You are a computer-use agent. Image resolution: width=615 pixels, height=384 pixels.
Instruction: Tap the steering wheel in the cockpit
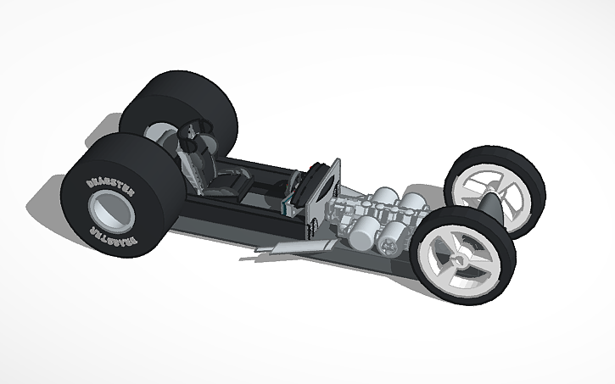(x=294, y=183)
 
